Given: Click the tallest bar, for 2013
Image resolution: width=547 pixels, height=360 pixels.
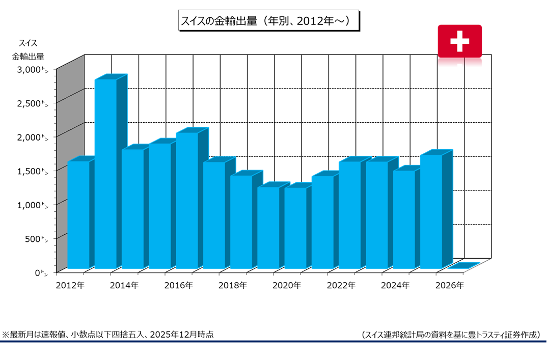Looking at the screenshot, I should (105, 173).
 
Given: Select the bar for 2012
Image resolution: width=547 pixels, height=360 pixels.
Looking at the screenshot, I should (78, 214).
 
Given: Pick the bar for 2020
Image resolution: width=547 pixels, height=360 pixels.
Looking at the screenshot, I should (295, 227).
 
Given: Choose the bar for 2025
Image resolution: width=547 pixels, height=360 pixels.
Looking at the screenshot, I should (431, 211).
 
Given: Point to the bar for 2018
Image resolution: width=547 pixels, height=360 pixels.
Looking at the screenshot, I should (241, 221).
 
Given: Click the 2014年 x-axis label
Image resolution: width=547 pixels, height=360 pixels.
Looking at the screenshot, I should (124, 286).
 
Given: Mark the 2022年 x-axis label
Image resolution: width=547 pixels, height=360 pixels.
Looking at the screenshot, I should (341, 286).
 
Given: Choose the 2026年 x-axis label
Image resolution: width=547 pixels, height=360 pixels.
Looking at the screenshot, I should (450, 286).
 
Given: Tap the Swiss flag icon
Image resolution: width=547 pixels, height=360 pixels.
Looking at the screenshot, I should (459, 41).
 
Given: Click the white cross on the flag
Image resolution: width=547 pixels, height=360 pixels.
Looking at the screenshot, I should (459, 41).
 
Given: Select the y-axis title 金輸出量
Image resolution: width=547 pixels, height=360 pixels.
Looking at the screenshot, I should (28, 56).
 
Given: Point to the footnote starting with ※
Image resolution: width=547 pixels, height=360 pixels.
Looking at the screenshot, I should (108, 335).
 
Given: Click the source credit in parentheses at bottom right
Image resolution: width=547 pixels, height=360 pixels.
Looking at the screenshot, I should (450, 335).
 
